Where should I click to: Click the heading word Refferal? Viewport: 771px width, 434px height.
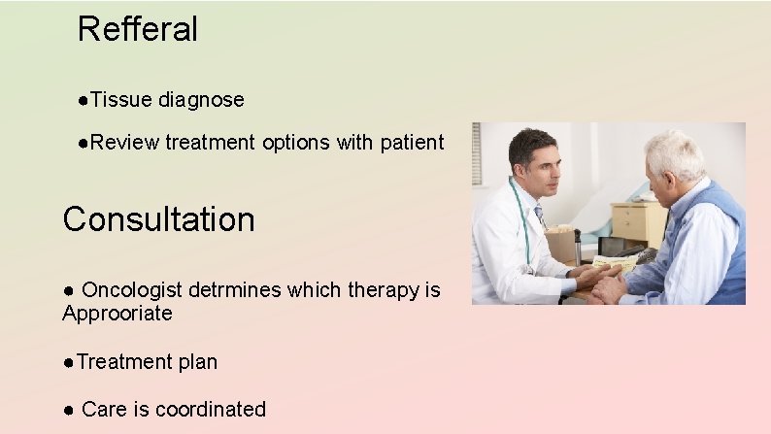point(137,28)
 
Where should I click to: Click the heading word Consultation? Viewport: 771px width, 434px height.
point(158,219)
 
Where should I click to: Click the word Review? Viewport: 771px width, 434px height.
point(124,143)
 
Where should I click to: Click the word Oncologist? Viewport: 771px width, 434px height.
point(137,289)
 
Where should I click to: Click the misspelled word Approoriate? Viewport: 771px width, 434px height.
point(117,314)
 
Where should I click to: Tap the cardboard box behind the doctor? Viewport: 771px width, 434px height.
point(561,243)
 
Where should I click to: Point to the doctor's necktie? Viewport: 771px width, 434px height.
point(540,215)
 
